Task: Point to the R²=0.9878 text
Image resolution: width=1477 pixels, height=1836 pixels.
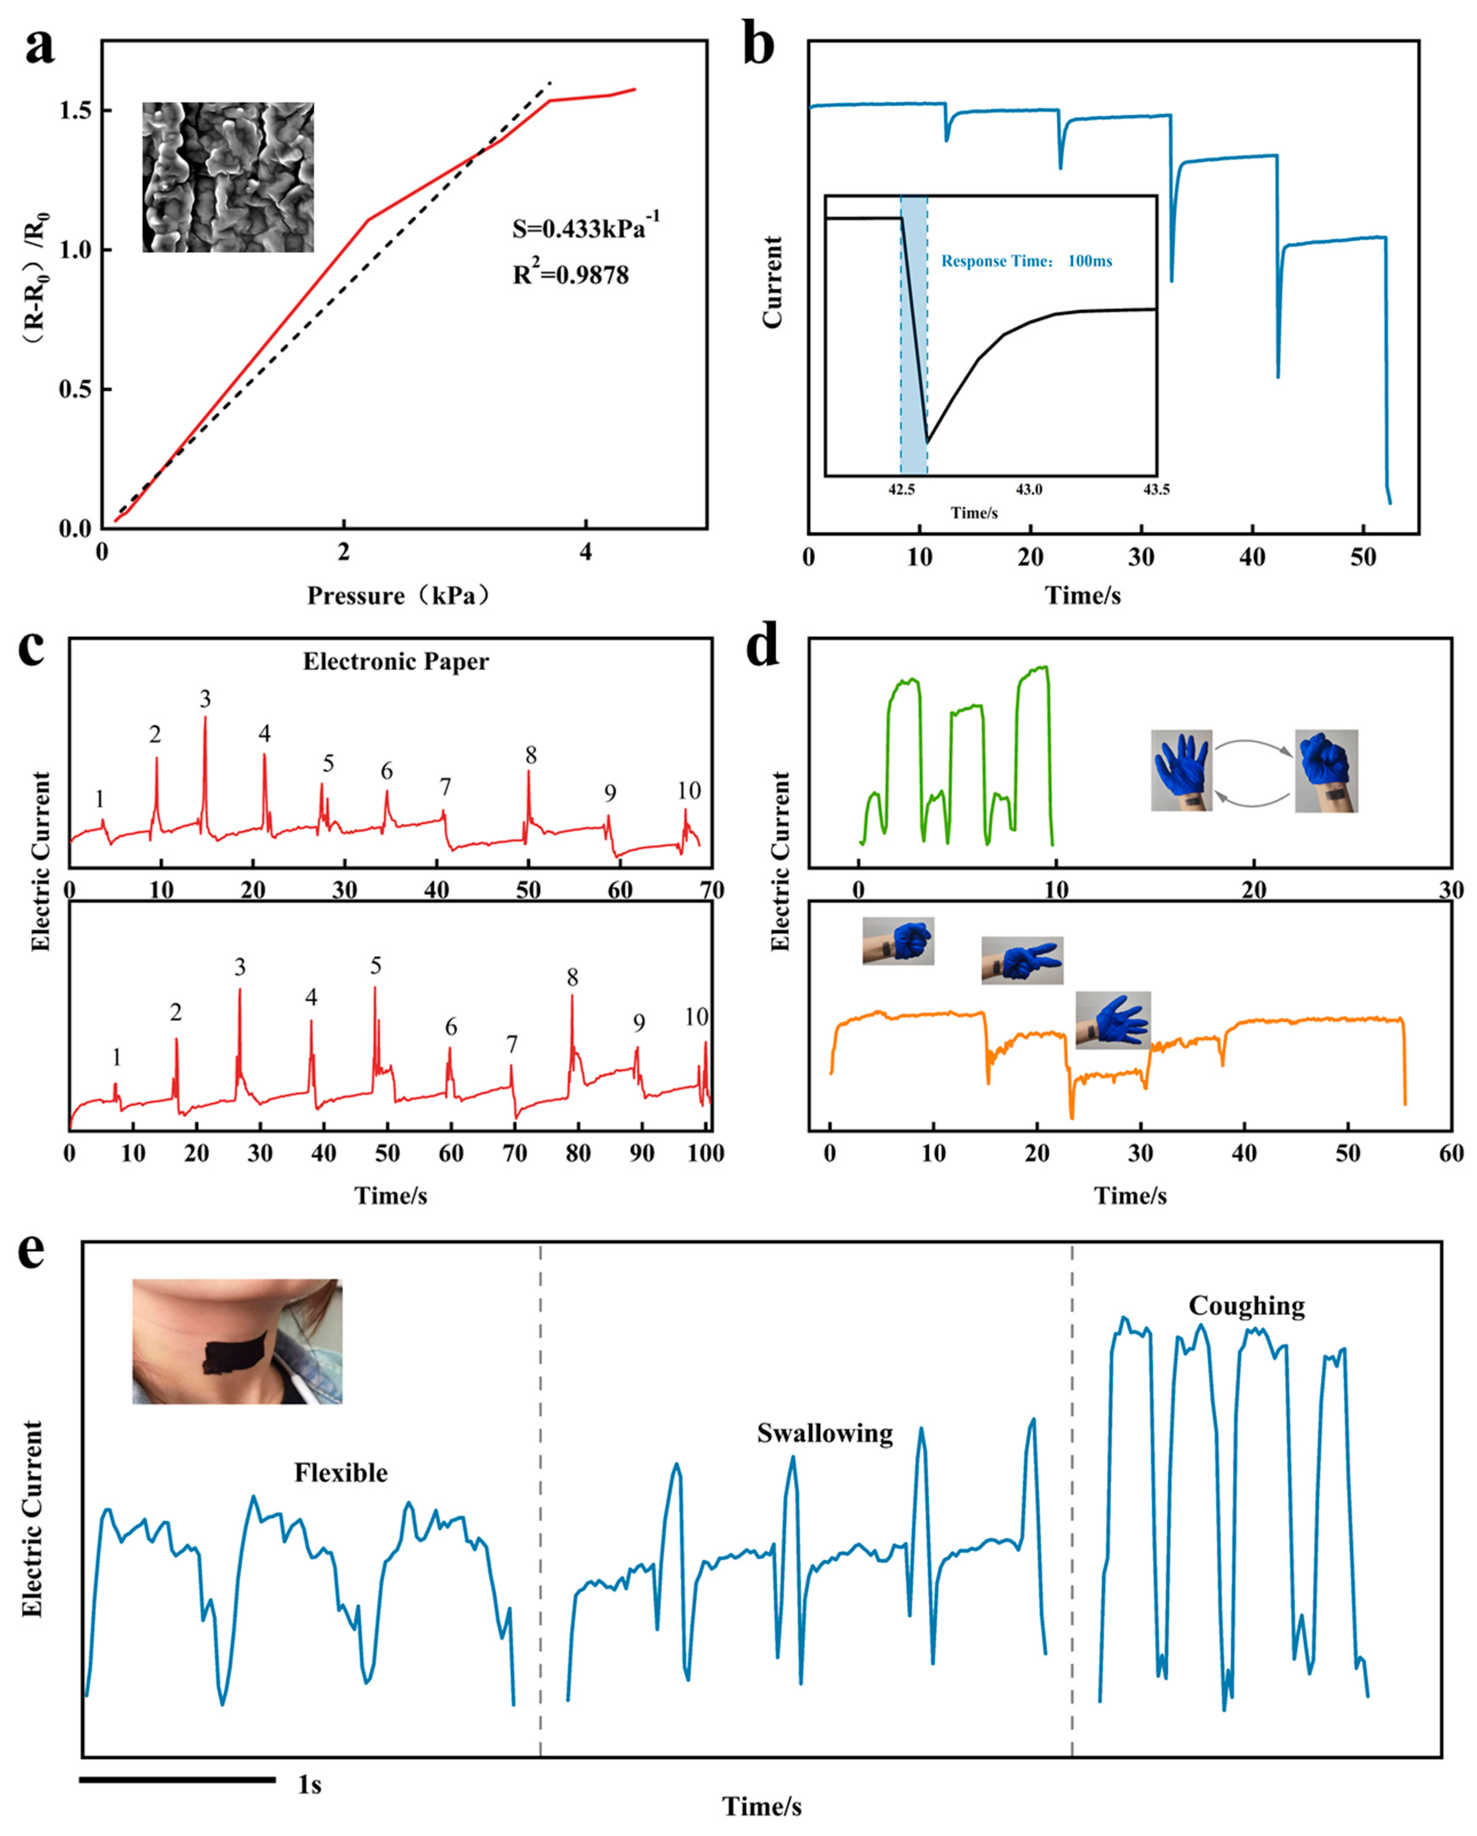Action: [570, 274]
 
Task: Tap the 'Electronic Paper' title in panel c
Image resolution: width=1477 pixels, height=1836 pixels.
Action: [396, 662]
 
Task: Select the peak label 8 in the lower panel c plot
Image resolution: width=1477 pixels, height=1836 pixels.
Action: [572, 977]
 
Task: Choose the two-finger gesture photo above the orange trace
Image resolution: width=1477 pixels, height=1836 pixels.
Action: [1022, 960]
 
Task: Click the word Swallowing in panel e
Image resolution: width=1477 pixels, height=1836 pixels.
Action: [824, 1433]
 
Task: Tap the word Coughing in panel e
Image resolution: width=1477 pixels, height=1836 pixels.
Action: [1246, 1305]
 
